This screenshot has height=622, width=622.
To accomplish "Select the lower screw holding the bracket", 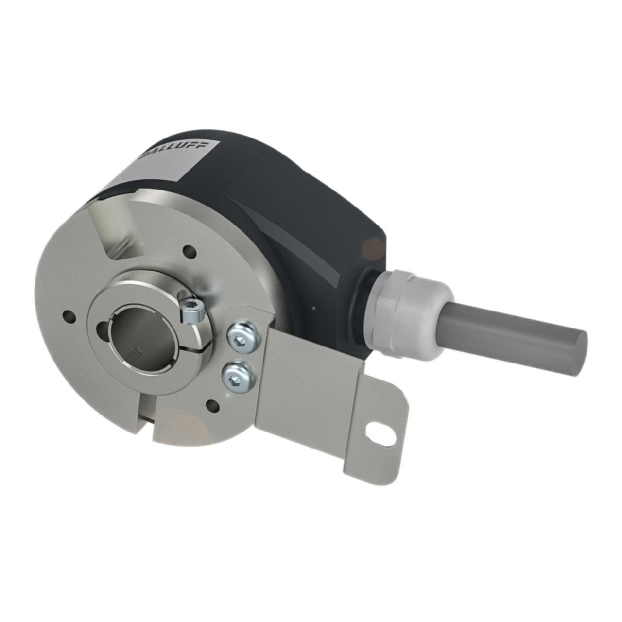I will pos(238,376).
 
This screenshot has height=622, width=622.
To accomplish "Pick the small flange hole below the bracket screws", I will pos(212,405).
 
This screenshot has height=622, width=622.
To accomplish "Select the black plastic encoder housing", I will pos(301,209).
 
